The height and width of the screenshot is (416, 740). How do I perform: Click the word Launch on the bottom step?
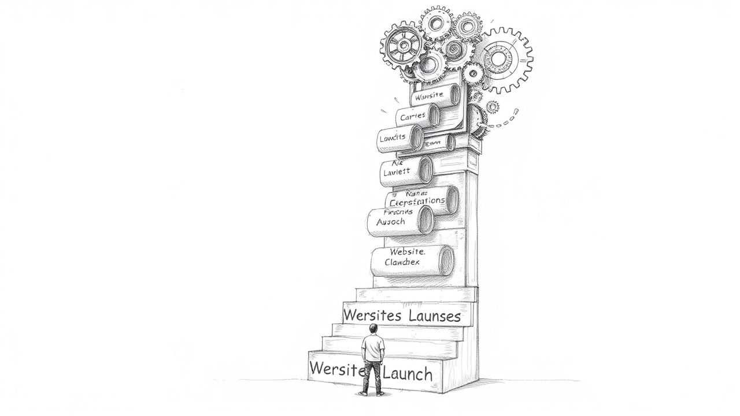coord(408,373)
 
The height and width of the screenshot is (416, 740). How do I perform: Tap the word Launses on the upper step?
coord(434,316)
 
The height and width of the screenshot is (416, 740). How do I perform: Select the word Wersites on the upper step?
coord(373,315)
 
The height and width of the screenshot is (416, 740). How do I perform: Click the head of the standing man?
coord(373,329)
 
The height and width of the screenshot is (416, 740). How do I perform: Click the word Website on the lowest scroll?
coord(407,252)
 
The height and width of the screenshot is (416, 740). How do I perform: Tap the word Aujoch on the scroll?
coord(391,222)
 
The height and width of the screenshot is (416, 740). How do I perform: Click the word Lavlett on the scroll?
coord(396,171)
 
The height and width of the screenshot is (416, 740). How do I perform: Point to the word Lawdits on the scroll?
coord(393,138)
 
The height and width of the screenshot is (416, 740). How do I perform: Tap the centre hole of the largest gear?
coord(499,59)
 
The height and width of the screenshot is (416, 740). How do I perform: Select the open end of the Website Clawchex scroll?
coord(446,261)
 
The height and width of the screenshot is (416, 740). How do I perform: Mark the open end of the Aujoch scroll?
coord(425,220)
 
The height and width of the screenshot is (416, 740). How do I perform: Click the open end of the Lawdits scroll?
coord(416,138)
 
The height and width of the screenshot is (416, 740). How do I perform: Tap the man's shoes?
coord(371,393)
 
